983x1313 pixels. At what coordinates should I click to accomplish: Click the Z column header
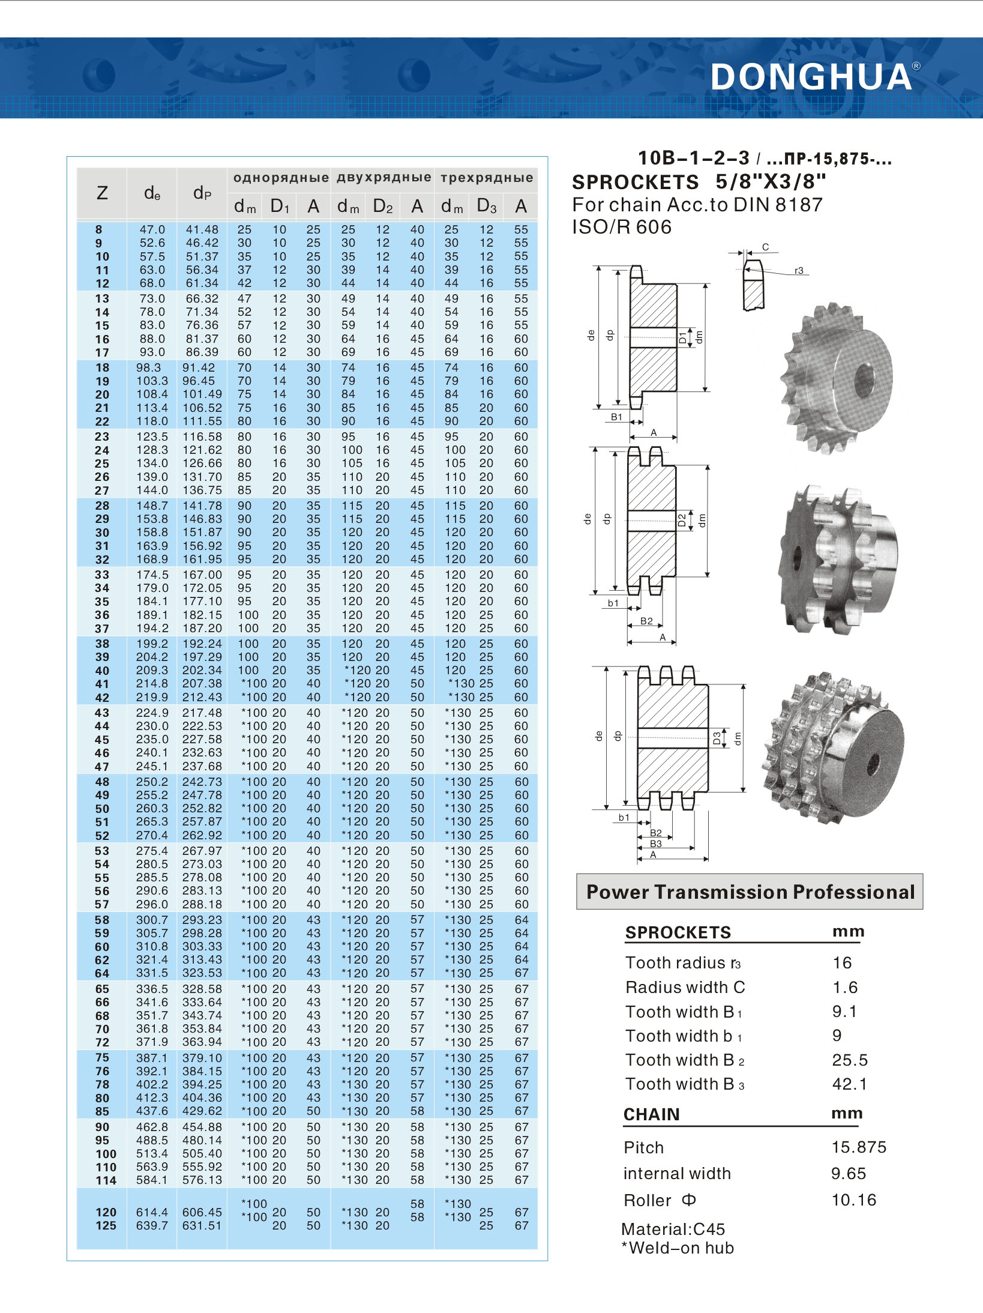point(102,193)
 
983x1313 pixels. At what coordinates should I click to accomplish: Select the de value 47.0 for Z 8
point(152,230)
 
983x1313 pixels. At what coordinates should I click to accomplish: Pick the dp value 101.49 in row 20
point(202,394)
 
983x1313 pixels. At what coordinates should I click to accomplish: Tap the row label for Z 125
point(106,1225)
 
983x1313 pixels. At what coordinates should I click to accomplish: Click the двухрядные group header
point(383,178)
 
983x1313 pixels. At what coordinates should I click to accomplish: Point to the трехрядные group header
point(487,178)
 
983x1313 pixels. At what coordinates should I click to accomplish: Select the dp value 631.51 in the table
point(202,1225)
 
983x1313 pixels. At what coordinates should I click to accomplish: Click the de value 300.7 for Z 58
point(152,920)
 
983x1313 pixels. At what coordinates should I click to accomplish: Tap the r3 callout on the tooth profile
point(799,271)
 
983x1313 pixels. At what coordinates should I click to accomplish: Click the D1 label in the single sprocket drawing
point(682,337)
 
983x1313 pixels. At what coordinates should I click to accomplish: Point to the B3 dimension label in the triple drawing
point(656,844)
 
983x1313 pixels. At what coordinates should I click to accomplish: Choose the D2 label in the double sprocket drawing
point(682,520)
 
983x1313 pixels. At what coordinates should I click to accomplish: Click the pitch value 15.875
point(859,1147)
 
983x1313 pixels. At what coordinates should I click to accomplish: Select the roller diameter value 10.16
point(853,1200)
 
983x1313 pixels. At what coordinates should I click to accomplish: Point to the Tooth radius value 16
point(842,963)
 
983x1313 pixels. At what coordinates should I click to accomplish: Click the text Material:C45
point(673,1229)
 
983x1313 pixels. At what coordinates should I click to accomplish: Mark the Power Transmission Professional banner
point(750,892)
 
